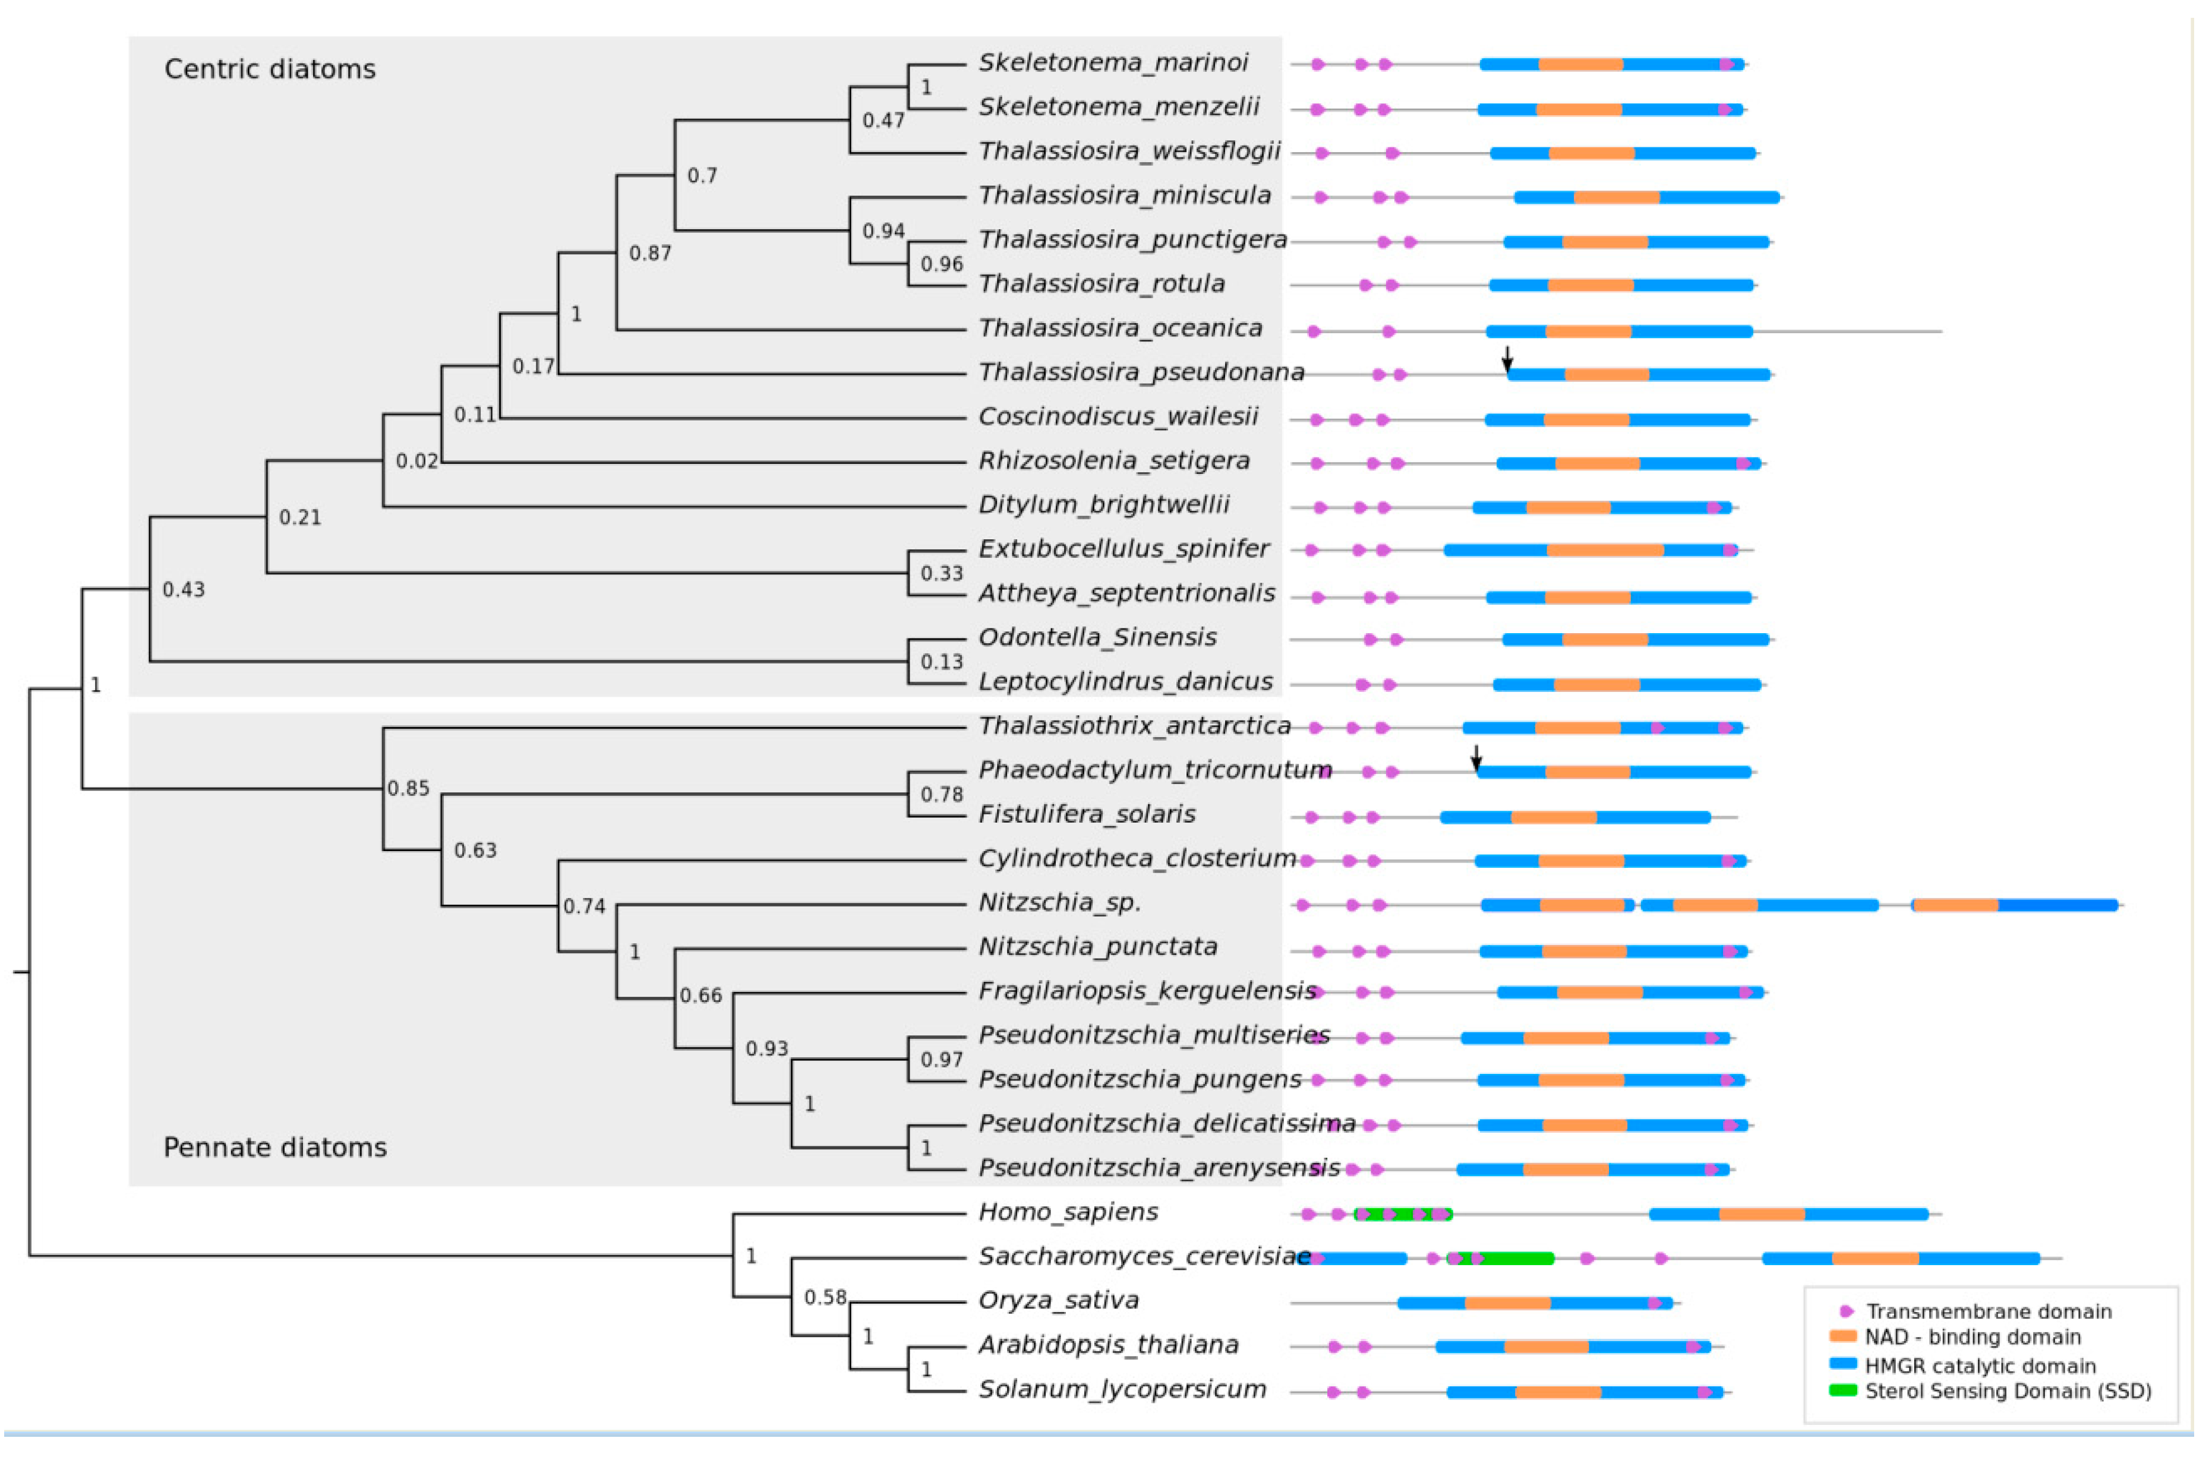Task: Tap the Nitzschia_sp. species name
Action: coord(1059,903)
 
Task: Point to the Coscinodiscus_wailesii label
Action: coord(1118,416)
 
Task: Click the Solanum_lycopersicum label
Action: coord(1122,1390)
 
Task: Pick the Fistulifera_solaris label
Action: coord(1086,815)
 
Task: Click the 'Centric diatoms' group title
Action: coord(270,69)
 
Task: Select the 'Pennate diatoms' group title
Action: coord(275,1149)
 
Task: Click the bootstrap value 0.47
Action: coord(883,121)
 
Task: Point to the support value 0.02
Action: coord(416,462)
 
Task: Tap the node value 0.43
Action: coord(183,590)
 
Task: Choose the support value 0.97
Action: coord(941,1060)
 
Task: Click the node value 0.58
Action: coord(824,1298)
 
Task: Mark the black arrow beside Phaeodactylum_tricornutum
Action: coord(1476,757)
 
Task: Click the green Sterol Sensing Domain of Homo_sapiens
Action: coord(1403,1215)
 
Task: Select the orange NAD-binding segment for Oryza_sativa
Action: coord(1507,1304)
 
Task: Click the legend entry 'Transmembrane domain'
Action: coord(1988,1312)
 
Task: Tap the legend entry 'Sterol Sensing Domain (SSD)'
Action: coord(2008,1392)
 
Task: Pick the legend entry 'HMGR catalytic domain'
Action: coord(1980,1366)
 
